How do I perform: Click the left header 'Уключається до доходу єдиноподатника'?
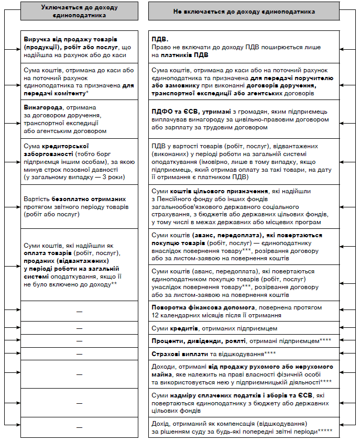click(80, 12)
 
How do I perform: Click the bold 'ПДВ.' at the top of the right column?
click(159, 39)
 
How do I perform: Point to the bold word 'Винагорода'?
click(42, 107)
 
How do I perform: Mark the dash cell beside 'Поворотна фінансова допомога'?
click(80, 312)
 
